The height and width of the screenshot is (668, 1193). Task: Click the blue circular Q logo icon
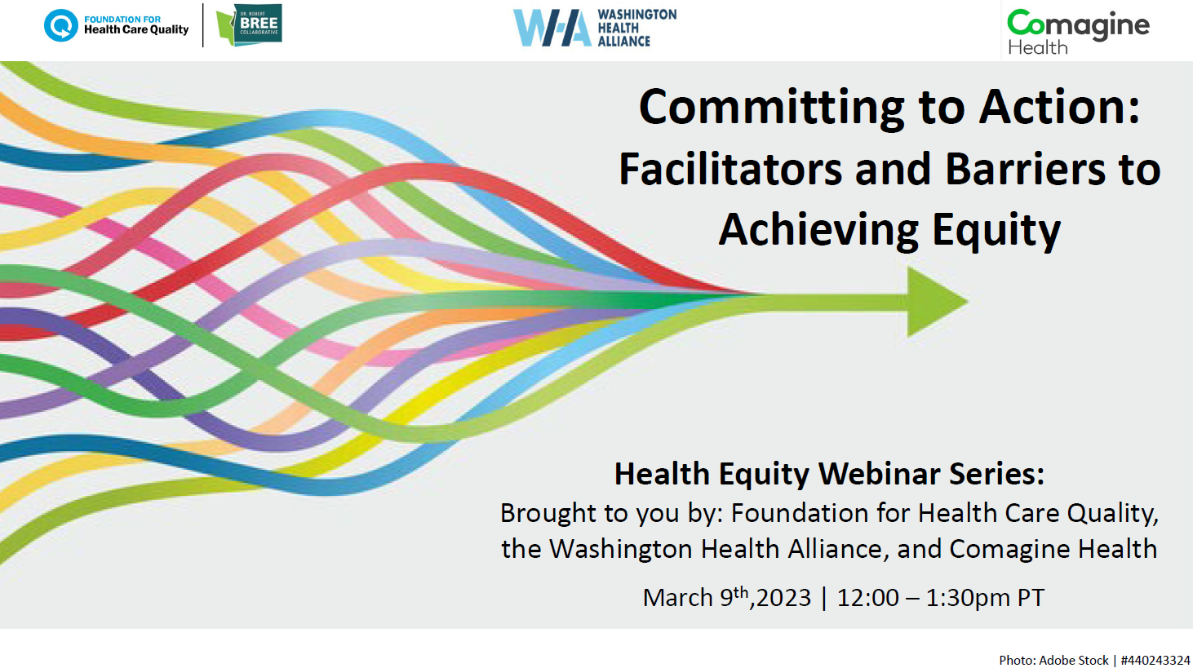pyautogui.click(x=60, y=25)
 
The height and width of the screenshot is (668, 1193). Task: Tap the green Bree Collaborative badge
pyautogui.click(x=249, y=24)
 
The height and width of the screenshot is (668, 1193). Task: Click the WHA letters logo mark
pyautogui.click(x=552, y=28)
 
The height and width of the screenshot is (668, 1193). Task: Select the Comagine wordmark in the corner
pyautogui.click(x=1078, y=24)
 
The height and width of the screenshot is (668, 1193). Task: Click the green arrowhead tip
pyautogui.click(x=968, y=302)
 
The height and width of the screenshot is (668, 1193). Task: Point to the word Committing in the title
pyautogui.click(x=771, y=108)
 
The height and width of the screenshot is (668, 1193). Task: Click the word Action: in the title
pyautogui.click(x=1060, y=107)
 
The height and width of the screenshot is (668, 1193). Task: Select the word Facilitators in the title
pyautogui.click(x=730, y=170)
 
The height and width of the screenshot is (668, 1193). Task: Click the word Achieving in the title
pyautogui.click(x=818, y=231)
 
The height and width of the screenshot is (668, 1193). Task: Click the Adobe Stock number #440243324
pyautogui.click(x=1155, y=660)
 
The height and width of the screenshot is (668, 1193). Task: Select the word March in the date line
pyautogui.click(x=678, y=598)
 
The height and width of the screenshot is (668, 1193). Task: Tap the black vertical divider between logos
pyautogui.click(x=203, y=25)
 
